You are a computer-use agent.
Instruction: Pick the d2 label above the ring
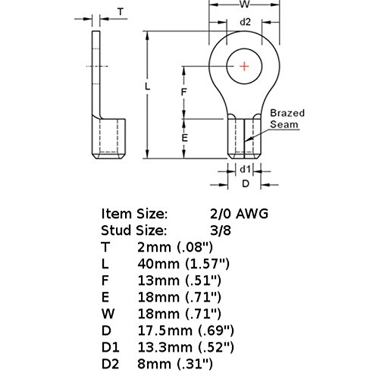pyautogui.click(x=244, y=22)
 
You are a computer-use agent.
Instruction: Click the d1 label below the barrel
pyautogui.click(x=244, y=170)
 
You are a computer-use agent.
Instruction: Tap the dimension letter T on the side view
pyautogui.click(x=121, y=11)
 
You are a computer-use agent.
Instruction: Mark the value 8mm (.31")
pyautogui.click(x=175, y=363)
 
